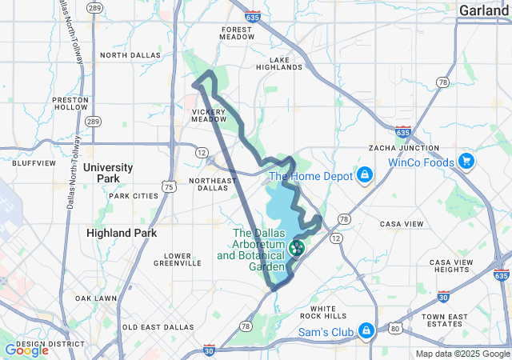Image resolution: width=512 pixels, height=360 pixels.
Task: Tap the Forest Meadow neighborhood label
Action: pos(236,33)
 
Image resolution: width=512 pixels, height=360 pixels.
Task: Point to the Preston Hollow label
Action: pos(70,103)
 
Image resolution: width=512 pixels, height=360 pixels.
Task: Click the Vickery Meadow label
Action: pos(209,115)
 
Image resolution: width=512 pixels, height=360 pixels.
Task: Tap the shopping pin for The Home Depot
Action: pos(364,174)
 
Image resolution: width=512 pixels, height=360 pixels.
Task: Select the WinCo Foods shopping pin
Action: pos(466,162)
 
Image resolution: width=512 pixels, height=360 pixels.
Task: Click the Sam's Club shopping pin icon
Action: pos(366,330)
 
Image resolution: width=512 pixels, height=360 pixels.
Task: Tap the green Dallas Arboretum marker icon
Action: pos(296,248)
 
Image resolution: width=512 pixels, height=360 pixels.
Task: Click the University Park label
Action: pos(108,173)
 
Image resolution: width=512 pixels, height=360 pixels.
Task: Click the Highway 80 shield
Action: pos(394,328)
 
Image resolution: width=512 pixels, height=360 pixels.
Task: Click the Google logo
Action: pos(26,350)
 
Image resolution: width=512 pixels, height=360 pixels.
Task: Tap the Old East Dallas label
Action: pos(153,327)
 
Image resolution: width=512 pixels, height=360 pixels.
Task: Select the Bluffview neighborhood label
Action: pos(34,162)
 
